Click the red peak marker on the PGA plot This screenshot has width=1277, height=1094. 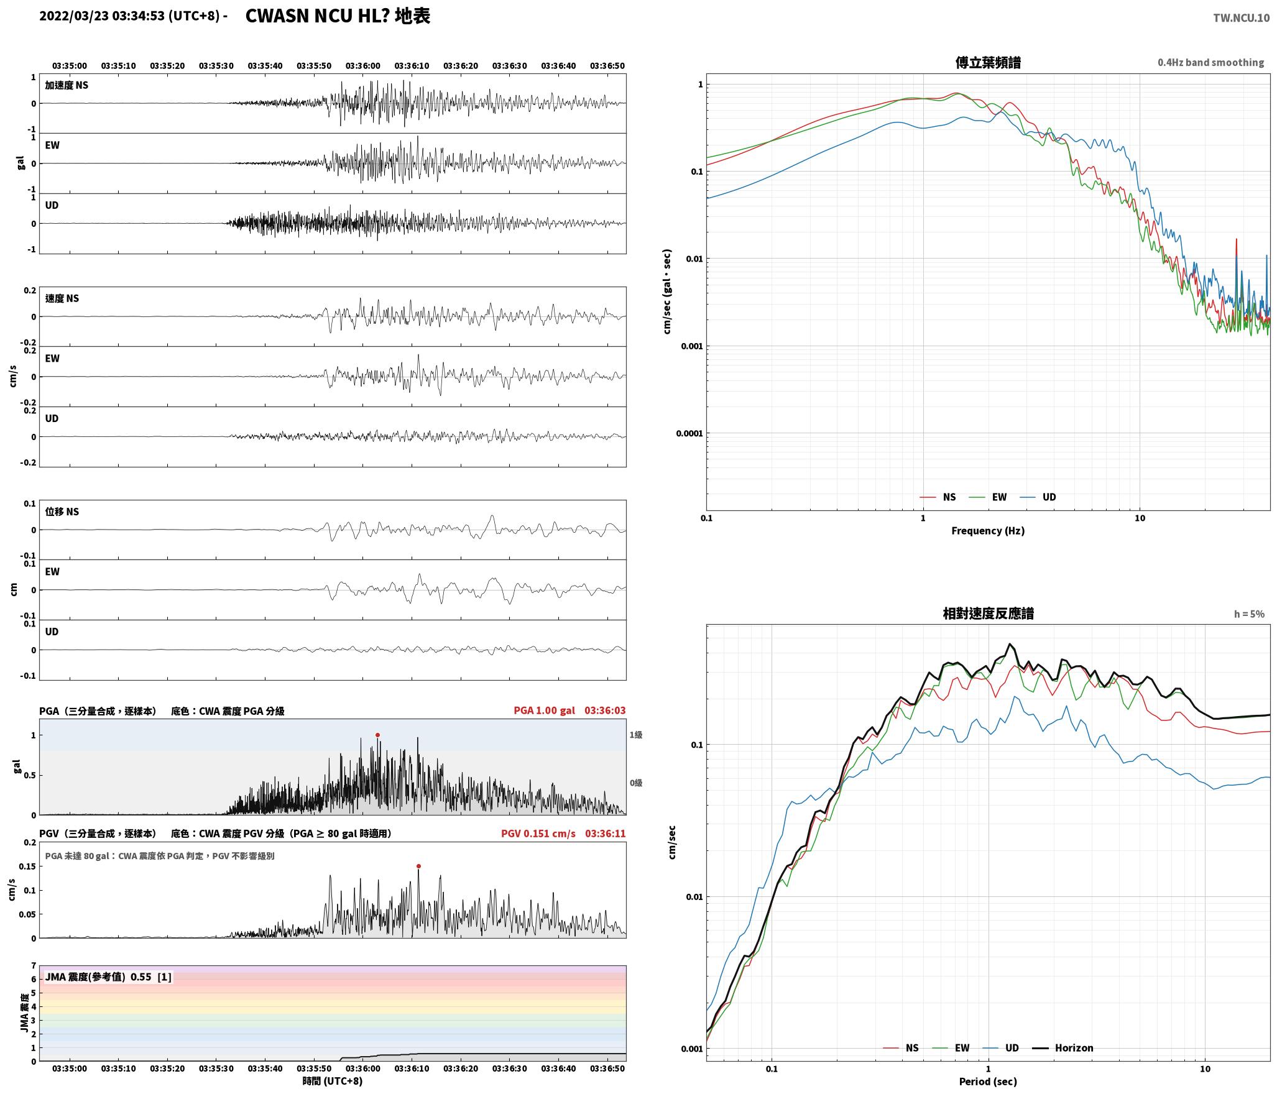[377, 735]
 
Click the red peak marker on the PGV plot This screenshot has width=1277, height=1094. [418, 866]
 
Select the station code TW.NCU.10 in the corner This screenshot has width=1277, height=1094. [1241, 18]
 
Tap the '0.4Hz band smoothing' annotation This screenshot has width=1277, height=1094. [1210, 63]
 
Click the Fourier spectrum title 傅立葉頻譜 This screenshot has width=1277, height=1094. [988, 62]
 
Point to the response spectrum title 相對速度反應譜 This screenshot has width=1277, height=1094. [988, 614]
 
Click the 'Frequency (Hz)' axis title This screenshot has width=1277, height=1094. [988, 530]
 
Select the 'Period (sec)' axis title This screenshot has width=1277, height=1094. [988, 1082]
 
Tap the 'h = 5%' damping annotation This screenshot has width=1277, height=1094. [1249, 614]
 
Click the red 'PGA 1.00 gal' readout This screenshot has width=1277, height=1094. [544, 710]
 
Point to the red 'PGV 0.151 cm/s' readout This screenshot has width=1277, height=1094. [538, 834]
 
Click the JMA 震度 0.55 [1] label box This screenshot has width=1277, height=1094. [108, 977]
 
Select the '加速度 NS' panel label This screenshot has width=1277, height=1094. [67, 85]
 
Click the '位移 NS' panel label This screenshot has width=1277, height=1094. [62, 512]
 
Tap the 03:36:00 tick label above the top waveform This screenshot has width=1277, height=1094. [362, 66]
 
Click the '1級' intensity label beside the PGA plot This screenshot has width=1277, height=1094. [636, 735]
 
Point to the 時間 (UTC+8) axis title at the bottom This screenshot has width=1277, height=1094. [333, 1081]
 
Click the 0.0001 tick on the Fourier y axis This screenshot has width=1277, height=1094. [689, 433]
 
